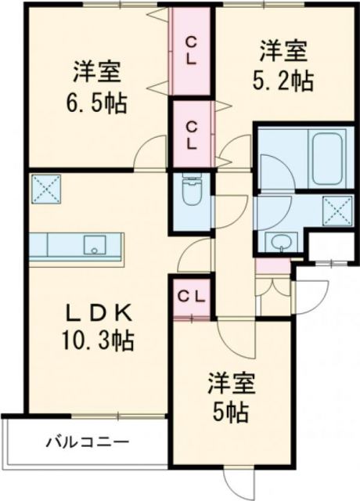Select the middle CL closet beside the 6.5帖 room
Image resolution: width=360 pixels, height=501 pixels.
tap(192, 132)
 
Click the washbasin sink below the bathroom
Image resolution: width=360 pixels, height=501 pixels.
tap(278, 241)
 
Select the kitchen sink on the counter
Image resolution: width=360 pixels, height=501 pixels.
tap(95, 245)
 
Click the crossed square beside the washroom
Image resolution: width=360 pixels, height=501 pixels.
tap(335, 210)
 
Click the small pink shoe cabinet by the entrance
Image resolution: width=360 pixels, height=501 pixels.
tap(266, 268)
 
